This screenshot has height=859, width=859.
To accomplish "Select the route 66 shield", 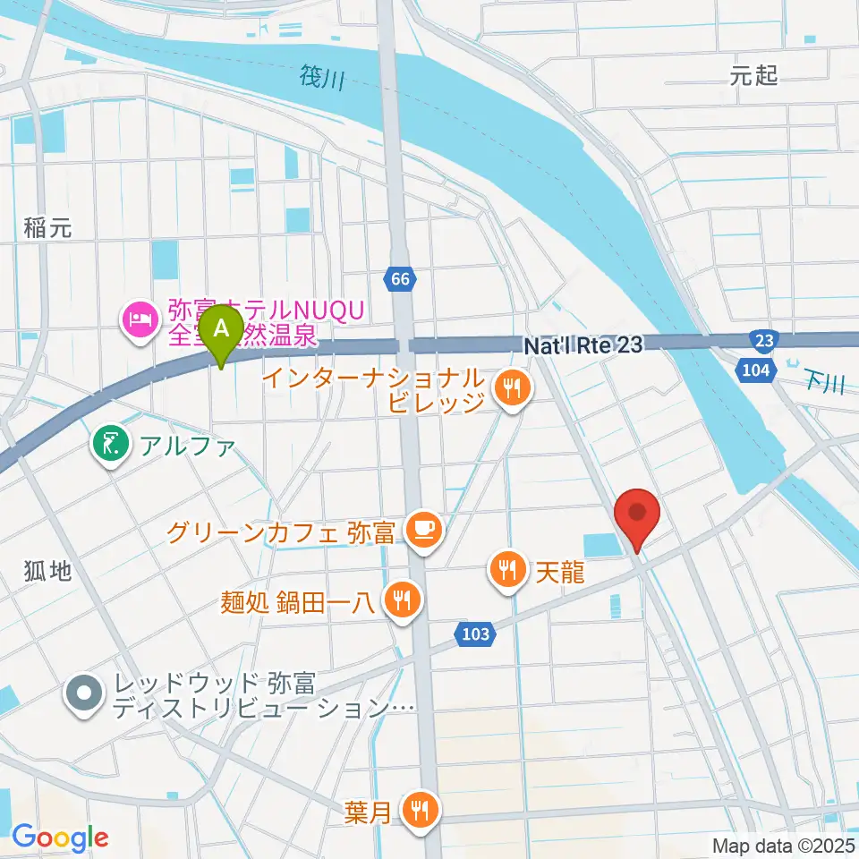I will (x=400, y=280).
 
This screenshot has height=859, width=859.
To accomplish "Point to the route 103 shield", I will (x=476, y=634).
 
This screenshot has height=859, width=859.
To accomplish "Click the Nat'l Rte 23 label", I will (x=583, y=344).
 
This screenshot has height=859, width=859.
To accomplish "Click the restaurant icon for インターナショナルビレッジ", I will (x=511, y=387).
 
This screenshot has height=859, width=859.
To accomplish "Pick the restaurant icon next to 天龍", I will (x=506, y=567).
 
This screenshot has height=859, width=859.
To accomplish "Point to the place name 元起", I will (x=753, y=76).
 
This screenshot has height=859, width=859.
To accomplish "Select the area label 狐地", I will (x=47, y=572).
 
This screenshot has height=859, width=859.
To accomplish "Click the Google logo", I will (x=60, y=838).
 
